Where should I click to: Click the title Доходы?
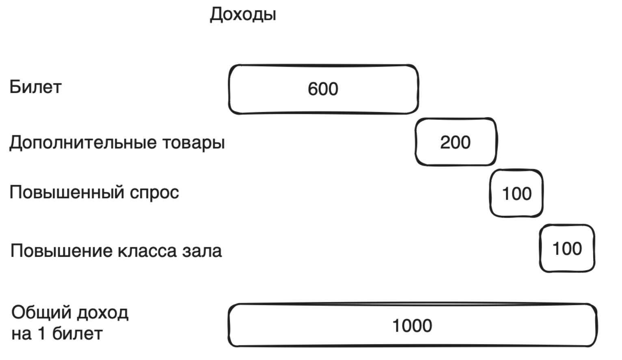point(243,15)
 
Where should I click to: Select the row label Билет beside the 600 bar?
point(35,87)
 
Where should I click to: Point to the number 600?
point(323,89)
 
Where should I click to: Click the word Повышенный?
point(67,192)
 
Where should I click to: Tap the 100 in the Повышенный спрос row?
point(516,194)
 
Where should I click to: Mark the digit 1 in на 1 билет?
point(41,334)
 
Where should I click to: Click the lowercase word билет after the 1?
point(77,334)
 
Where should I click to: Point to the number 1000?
point(412,326)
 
